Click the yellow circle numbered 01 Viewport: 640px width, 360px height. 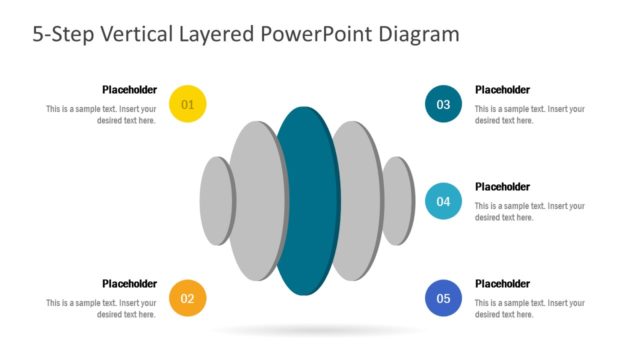pos(188,104)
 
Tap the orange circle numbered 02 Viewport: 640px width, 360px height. pos(188,298)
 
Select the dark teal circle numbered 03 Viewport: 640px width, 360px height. pos(443,104)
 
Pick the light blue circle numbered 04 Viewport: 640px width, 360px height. pos(443,201)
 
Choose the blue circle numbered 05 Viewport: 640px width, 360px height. pos(443,298)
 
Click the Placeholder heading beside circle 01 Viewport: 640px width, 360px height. pos(129,89)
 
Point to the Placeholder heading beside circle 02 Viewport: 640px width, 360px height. pos(129,283)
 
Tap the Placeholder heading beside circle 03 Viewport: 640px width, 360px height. pos(502,89)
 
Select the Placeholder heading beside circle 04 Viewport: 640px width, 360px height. pos(502,186)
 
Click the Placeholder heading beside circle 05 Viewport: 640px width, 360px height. pos(502,283)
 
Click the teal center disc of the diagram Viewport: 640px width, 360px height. pos(307,200)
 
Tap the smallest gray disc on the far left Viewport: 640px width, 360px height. pos(215,200)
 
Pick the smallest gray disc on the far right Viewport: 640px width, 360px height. pos(399,200)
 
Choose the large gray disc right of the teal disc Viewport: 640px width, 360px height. pos(357,200)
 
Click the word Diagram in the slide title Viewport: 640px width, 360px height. pos(419,34)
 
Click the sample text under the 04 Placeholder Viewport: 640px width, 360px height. pos(529,212)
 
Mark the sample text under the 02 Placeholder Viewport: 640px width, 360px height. pos(101,309)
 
